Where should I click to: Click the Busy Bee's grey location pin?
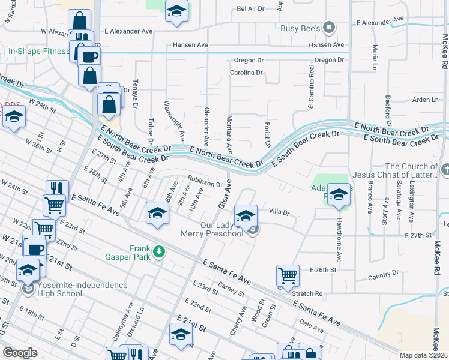pos(328,27)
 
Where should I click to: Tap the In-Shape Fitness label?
pos(38,52)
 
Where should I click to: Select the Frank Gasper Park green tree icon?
pos(158,251)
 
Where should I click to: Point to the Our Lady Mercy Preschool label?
pos(212,229)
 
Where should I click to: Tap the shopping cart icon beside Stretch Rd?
pos(288,276)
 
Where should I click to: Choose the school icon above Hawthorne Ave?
pos(339,196)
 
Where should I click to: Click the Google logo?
pos(20,352)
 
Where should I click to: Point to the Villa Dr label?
pos(279,212)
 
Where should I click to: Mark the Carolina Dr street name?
pos(246,73)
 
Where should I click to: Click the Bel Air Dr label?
pos(250,9)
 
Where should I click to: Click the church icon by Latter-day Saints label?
pos(444,170)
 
